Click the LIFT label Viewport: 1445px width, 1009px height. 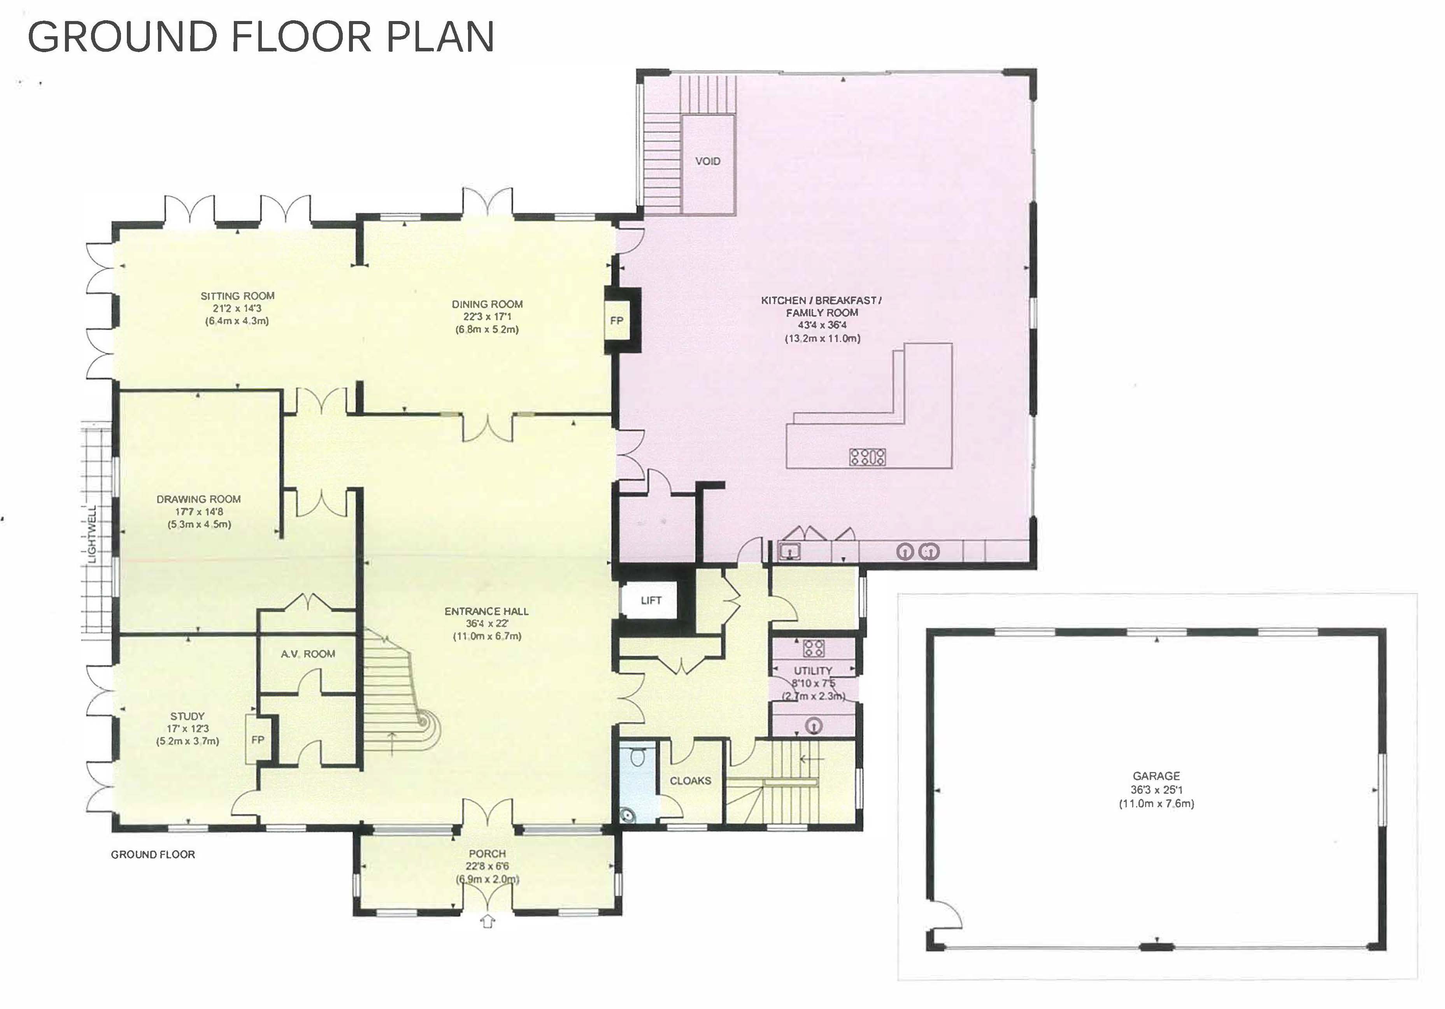(651, 600)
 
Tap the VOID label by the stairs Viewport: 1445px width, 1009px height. (707, 161)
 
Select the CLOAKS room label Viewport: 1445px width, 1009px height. (691, 781)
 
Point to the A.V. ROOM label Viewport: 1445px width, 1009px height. (308, 654)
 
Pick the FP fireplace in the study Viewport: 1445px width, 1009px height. (258, 740)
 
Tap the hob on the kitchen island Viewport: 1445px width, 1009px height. (868, 457)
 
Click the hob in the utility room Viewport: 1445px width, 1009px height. (813, 648)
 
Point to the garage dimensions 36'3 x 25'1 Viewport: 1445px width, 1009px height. (1157, 790)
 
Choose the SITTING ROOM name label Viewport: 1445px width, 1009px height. (237, 296)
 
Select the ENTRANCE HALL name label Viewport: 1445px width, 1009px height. (486, 611)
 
